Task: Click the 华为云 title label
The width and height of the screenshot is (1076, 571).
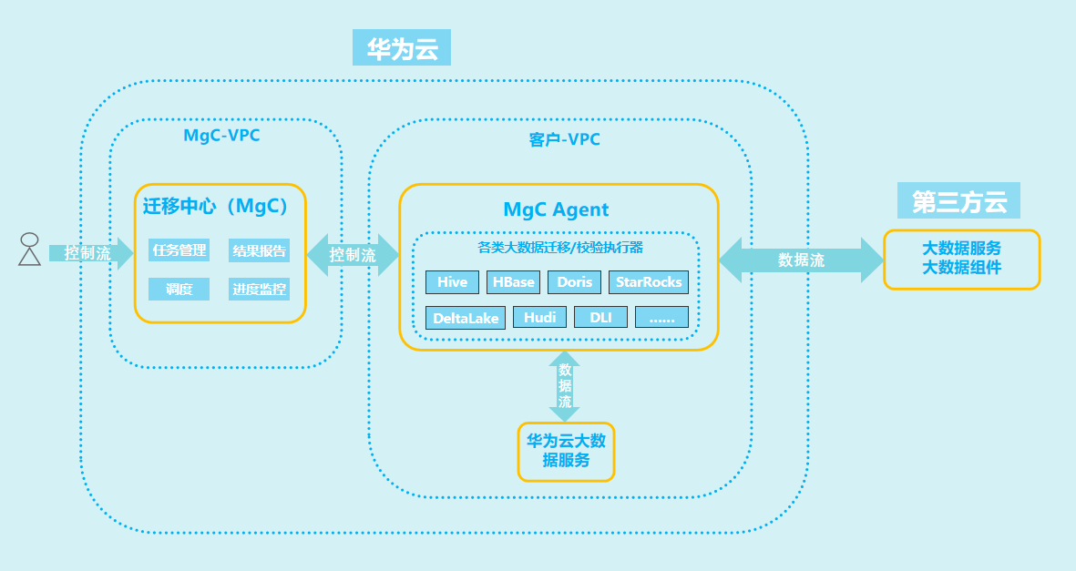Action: coord(402,48)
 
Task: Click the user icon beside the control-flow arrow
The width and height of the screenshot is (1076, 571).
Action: coord(30,250)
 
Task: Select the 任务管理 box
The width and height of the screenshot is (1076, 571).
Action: coord(179,250)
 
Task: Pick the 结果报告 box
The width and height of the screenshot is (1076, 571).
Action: coord(259,250)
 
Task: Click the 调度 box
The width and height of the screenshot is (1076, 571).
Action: coord(179,290)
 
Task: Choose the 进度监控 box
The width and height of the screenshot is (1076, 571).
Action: coord(259,290)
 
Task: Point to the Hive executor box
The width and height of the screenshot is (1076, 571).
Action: coord(452,282)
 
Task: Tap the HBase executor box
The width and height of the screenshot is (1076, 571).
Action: coord(514,282)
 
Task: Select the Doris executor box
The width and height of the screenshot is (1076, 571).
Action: coord(575,282)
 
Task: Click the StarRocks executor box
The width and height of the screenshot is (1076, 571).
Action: coord(649,282)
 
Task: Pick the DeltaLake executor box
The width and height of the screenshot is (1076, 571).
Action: coord(466,318)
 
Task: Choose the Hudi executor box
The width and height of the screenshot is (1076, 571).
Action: coord(540,317)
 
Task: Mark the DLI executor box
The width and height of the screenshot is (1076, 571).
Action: coord(600,317)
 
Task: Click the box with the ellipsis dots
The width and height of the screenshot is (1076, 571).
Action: coord(661,317)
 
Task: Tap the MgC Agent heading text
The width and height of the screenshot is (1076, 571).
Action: coord(556,209)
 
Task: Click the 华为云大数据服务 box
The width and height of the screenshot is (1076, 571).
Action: coord(566,451)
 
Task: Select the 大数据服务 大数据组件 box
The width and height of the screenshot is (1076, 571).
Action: coord(961,259)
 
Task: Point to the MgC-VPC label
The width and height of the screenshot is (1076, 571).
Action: coord(221,136)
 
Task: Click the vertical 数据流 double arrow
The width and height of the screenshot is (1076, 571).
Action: coord(565,385)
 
